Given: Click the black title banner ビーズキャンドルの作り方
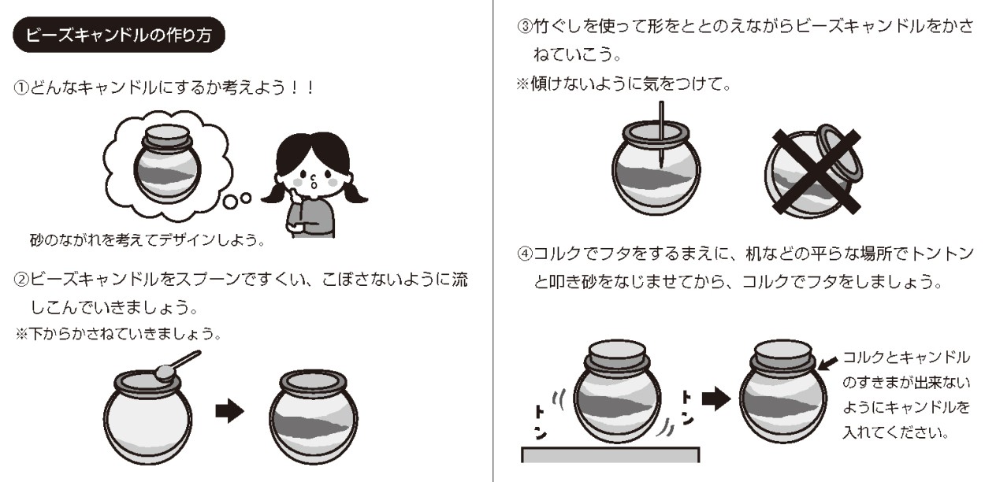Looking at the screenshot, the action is [119, 35].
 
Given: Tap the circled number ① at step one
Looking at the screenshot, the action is [21, 88].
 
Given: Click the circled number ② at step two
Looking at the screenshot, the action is [21, 280].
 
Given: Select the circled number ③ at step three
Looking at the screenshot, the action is [525, 26].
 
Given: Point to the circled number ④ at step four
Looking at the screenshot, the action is [525, 254].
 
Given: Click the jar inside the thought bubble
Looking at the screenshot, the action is [167, 165].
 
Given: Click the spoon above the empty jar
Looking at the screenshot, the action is [177, 365].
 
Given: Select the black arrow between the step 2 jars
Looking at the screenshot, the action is [229, 411].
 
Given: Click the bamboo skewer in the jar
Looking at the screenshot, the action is [661, 135].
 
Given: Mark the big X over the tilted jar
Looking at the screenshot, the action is [816, 172].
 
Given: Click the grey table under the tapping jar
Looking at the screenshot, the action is [611, 454].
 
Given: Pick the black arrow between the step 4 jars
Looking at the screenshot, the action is [716, 399].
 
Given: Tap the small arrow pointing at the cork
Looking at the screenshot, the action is [828, 363].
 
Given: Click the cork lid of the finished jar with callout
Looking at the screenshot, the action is [782, 355].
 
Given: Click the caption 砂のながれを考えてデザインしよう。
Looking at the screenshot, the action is [148, 240].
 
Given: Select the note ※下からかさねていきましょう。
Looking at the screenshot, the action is [119, 334].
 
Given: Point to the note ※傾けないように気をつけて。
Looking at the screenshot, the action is [624, 83].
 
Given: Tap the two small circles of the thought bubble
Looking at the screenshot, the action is [237, 200].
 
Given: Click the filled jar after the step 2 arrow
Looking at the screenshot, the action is [314, 417].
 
